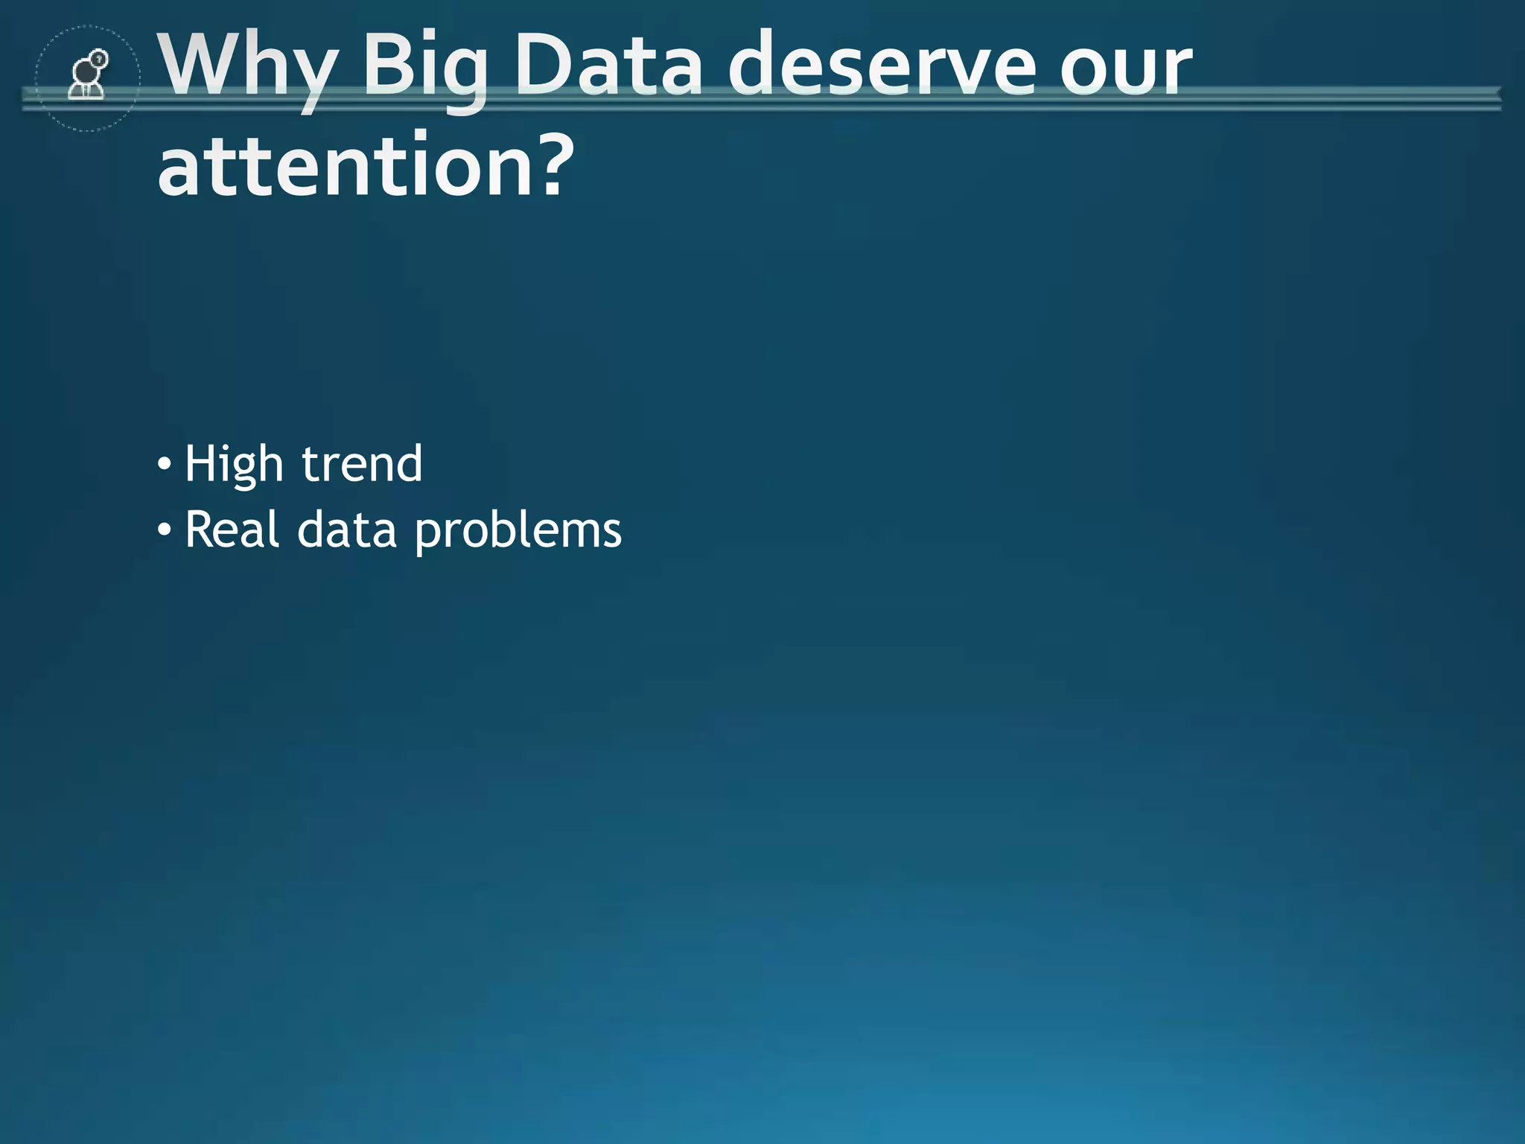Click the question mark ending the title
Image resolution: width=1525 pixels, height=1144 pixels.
[x=554, y=165]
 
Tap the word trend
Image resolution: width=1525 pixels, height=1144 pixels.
[x=362, y=463]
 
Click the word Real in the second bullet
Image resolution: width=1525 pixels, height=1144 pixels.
[x=232, y=530]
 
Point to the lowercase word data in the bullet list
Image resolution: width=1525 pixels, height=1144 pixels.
[x=347, y=530]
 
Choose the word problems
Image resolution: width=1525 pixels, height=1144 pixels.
[x=518, y=531]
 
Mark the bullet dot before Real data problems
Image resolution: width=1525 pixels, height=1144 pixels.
[x=165, y=531]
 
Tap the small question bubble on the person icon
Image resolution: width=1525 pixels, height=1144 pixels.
[x=99, y=58]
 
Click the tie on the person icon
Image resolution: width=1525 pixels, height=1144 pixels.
[x=86, y=91]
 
